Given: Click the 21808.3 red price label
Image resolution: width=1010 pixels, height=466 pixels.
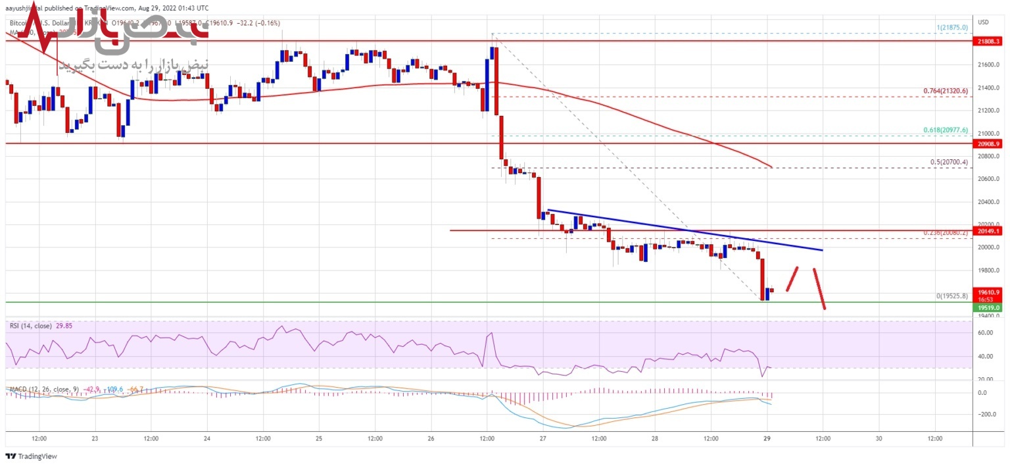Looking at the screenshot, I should tap(988, 41).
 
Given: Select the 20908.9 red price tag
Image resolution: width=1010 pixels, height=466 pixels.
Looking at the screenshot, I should tap(988, 143).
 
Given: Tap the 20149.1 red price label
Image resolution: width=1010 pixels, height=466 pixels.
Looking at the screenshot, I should tap(988, 231).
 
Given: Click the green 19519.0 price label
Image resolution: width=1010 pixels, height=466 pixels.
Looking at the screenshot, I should tap(988, 307).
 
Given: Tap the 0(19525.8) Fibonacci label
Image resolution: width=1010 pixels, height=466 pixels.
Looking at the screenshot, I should tap(951, 296).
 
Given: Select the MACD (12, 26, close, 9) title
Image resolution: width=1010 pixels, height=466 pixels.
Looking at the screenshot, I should tap(43, 389).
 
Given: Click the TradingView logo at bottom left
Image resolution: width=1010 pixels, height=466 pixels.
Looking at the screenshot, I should tap(31, 456).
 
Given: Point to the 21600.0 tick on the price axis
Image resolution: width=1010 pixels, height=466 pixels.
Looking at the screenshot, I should tap(988, 65).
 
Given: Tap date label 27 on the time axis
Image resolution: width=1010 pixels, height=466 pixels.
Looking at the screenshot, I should tap(543, 438).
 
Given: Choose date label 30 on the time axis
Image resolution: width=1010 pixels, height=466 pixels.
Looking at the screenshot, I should tap(878, 438).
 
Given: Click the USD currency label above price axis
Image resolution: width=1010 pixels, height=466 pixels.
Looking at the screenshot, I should tap(984, 22).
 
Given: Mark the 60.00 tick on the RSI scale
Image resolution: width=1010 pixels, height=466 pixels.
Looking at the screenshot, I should tap(984, 333).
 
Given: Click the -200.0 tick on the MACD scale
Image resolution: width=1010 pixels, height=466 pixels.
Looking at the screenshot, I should tap(985, 415).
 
